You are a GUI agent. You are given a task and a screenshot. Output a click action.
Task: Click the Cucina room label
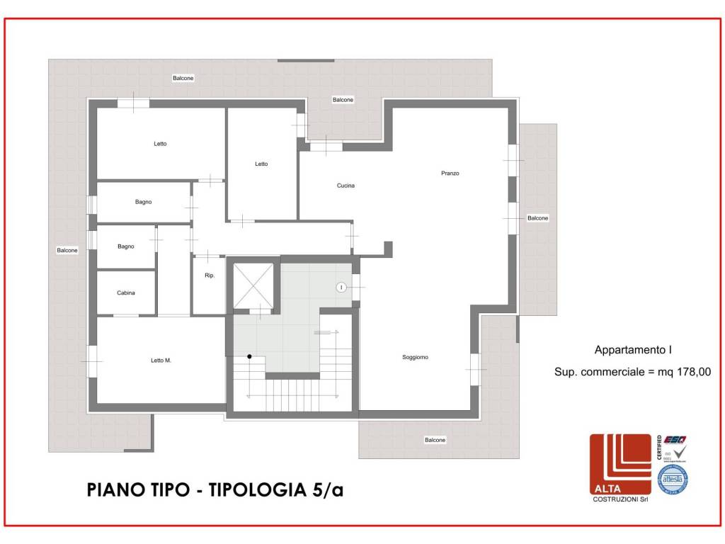pyautogui.click(x=346, y=186)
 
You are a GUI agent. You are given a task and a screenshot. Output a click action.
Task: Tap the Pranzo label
pyautogui.click(x=450, y=174)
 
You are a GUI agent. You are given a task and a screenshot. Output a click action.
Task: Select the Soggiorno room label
pyautogui.click(x=415, y=358)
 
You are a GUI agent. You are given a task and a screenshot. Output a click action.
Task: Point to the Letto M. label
pyautogui.click(x=161, y=361)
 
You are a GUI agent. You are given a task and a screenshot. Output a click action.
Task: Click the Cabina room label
pyautogui.click(x=126, y=293)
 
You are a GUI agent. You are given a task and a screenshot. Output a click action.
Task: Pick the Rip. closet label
pyautogui.click(x=209, y=276)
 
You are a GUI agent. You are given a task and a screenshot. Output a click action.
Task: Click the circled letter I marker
pyautogui.click(x=341, y=287)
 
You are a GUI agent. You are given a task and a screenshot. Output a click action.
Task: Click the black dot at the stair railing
pyautogui.click(x=249, y=356)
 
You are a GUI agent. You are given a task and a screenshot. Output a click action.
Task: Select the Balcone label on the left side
pyautogui.click(x=67, y=250)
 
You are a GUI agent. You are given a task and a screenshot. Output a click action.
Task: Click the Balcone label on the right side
pyautogui.click(x=537, y=218)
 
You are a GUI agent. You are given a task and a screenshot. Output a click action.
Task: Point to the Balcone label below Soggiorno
pyautogui.click(x=435, y=441)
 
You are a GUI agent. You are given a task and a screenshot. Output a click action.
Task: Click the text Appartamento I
pyautogui.click(x=632, y=350)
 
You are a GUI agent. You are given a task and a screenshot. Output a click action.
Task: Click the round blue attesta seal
pyautogui.click(x=673, y=479)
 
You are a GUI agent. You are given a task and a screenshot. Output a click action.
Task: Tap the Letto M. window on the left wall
pyautogui.click(x=91, y=361)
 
